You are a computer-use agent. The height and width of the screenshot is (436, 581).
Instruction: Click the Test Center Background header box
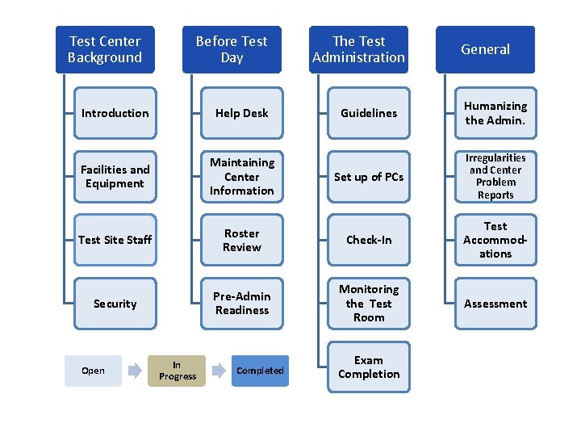105,49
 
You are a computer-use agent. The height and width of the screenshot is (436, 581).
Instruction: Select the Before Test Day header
232,49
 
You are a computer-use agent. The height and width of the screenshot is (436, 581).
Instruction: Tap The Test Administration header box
358,49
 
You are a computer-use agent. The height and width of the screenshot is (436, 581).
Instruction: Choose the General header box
485,49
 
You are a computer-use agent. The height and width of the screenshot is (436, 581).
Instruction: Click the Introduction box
115,113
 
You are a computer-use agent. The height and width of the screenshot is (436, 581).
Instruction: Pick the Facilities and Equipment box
115,176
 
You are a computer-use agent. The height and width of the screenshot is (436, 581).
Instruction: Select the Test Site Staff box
115,240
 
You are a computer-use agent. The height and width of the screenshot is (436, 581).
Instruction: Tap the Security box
115,304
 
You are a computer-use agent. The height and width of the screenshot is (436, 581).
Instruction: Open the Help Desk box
242,113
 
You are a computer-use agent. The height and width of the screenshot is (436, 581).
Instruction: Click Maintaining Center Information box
242,176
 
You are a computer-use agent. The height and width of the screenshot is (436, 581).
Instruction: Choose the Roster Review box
242,240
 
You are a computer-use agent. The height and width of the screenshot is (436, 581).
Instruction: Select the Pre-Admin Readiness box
242,304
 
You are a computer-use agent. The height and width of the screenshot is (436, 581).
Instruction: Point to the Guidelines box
369,113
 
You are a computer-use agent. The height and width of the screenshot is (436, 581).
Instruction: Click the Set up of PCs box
369,176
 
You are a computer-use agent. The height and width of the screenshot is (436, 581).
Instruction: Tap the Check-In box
369,240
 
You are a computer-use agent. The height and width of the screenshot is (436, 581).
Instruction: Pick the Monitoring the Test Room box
369,304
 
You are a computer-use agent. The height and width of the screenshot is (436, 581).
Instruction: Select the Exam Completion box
369,367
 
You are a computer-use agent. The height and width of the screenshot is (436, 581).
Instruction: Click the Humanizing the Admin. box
495,113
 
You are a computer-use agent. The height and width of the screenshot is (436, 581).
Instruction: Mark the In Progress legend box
178,371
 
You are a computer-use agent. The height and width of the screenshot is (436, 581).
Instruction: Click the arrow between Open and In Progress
135,371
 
